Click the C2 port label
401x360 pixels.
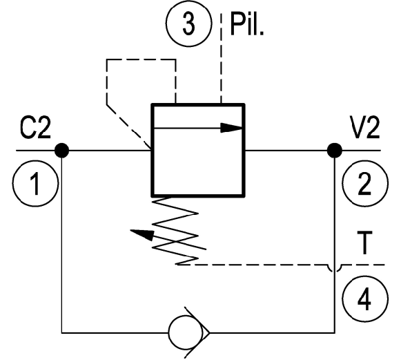pyautogui.click(x=35, y=128)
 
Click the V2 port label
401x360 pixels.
pyautogui.click(x=364, y=128)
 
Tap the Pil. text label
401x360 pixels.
pyautogui.click(x=247, y=24)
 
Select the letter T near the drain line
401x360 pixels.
pyautogui.click(x=364, y=243)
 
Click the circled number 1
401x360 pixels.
pyautogui.click(x=35, y=183)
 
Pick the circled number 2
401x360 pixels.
pyautogui.click(x=365, y=183)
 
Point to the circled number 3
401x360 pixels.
pyautogui.click(x=188, y=23)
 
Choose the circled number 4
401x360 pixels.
pyautogui.click(x=364, y=299)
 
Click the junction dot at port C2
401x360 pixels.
pyautogui.click(x=62, y=151)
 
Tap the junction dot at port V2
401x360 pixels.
pyautogui.click(x=335, y=151)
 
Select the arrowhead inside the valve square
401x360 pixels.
pyautogui.click(x=231, y=128)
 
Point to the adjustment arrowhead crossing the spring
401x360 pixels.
pyautogui.click(x=142, y=234)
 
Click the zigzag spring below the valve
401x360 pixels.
pyautogui.click(x=175, y=231)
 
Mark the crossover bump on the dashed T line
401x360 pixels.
pyautogui.click(x=335, y=268)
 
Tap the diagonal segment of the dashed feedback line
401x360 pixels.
pyautogui.click(x=129, y=126)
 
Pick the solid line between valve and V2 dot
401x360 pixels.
pyautogui.click(x=286, y=151)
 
